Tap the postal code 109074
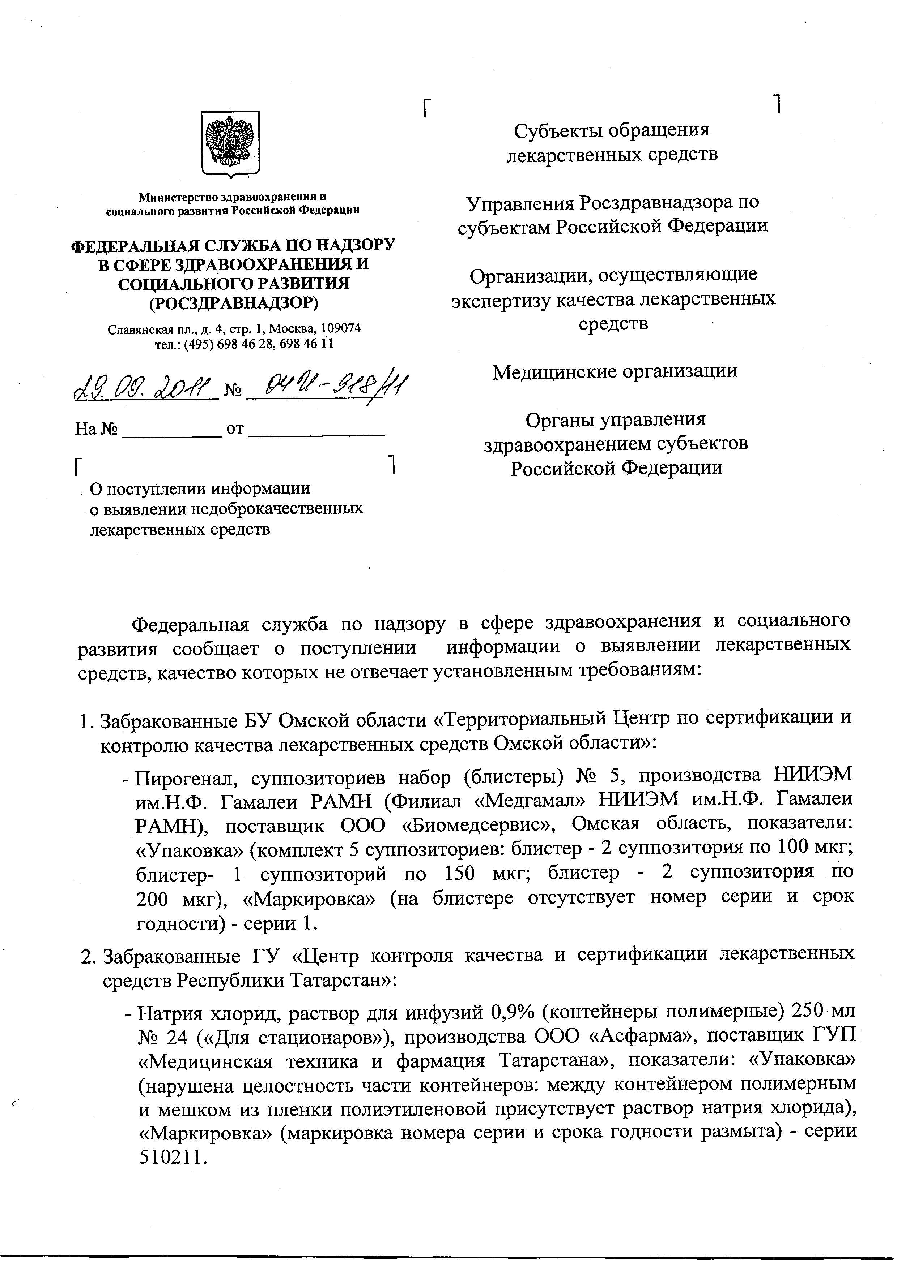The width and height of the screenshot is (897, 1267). pyautogui.click(x=341, y=328)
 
